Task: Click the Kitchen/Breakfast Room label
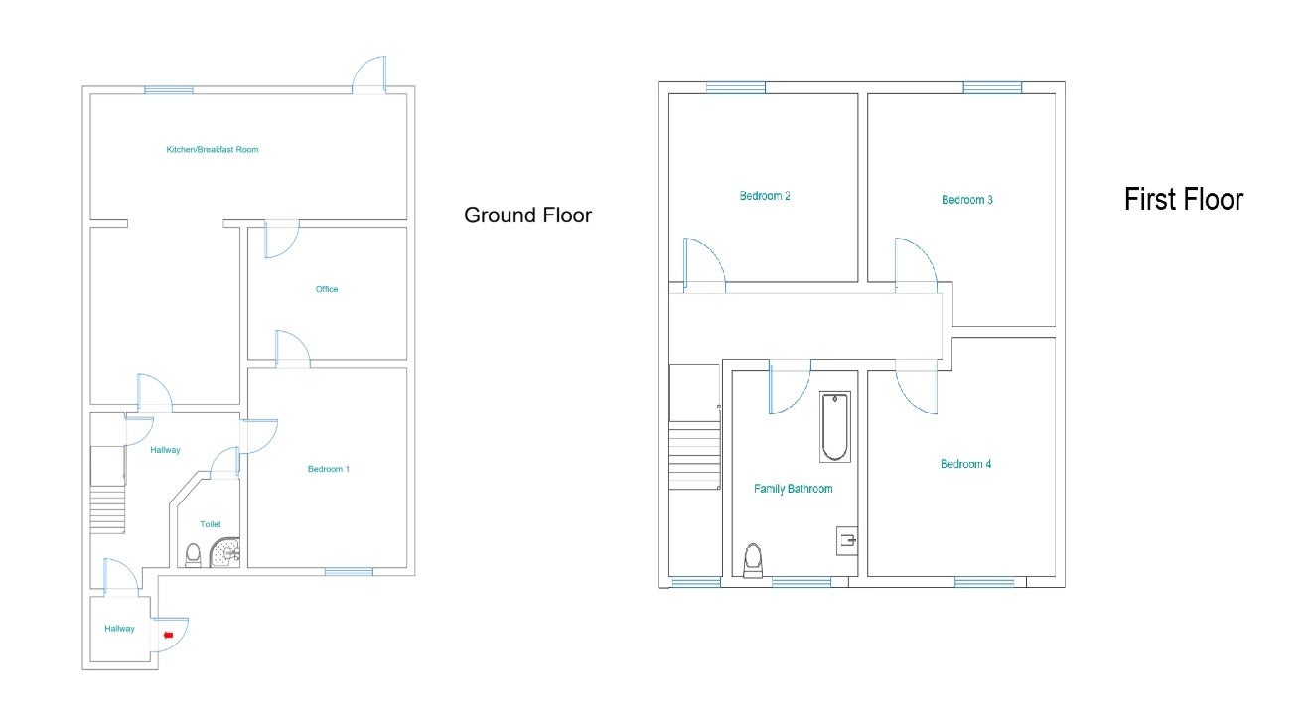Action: pyautogui.click(x=213, y=150)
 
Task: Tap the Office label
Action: pyautogui.click(x=327, y=289)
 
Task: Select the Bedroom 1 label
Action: pyautogui.click(x=328, y=469)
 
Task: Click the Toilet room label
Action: pyautogui.click(x=211, y=524)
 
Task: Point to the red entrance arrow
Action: pyautogui.click(x=169, y=635)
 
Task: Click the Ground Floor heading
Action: pyautogui.click(x=527, y=215)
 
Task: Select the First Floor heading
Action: pyautogui.click(x=1184, y=199)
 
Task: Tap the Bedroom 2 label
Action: pyautogui.click(x=765, y=196)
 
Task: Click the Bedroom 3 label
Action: pyautogui.click(x=966, y=200)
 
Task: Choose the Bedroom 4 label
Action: pyautogui.click(x=965, y=464)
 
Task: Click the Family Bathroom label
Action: pyautogui.click(x=793, y=489)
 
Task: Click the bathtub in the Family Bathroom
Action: pyautogui.click(x=834, y=427)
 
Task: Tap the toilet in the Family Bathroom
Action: pyautogui.click(x=753, y=560)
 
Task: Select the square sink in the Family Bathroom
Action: pyautogui.click(x=847, y=541)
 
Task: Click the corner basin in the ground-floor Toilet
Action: pyautogui.click(x=225, y=553)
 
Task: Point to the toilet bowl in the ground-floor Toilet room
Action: pyautogui.click(x=193, y=555)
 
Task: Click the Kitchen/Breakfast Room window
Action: pyautogui.click(x=169, y=90)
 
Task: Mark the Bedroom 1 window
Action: pyautogui.click(x=349, y=571)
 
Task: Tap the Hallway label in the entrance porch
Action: pyautogui.click(x=119, y=628)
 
